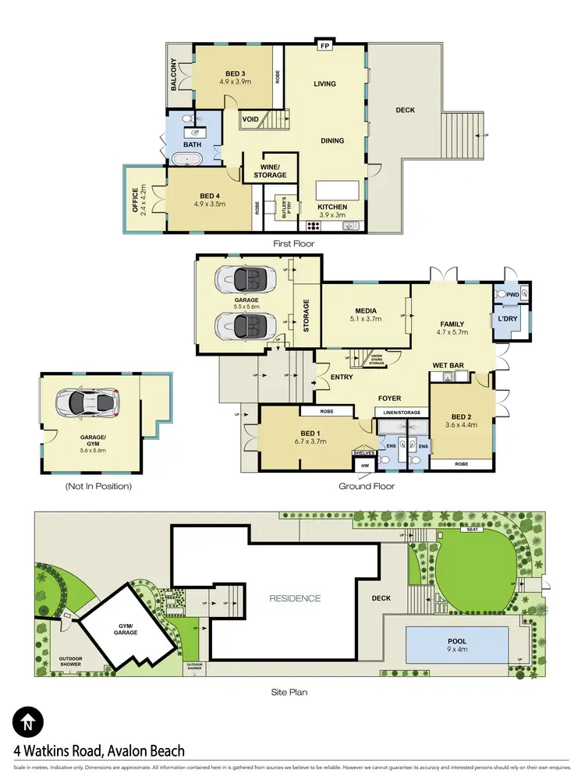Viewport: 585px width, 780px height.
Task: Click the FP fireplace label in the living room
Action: click(324, 45)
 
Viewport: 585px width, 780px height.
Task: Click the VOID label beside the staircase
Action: click(250, 119)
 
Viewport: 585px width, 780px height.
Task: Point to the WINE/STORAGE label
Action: click(264, 170)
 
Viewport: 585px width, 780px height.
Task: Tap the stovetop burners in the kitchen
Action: click(315, 226)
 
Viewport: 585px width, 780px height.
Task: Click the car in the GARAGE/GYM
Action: click(86, 403)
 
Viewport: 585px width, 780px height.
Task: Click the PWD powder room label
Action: click(512, 295)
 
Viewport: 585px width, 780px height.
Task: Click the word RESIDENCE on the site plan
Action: click(295, 598)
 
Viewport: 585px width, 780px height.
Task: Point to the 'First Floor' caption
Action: click(292, 243)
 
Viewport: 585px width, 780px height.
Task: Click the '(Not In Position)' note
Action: click(98, 486)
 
